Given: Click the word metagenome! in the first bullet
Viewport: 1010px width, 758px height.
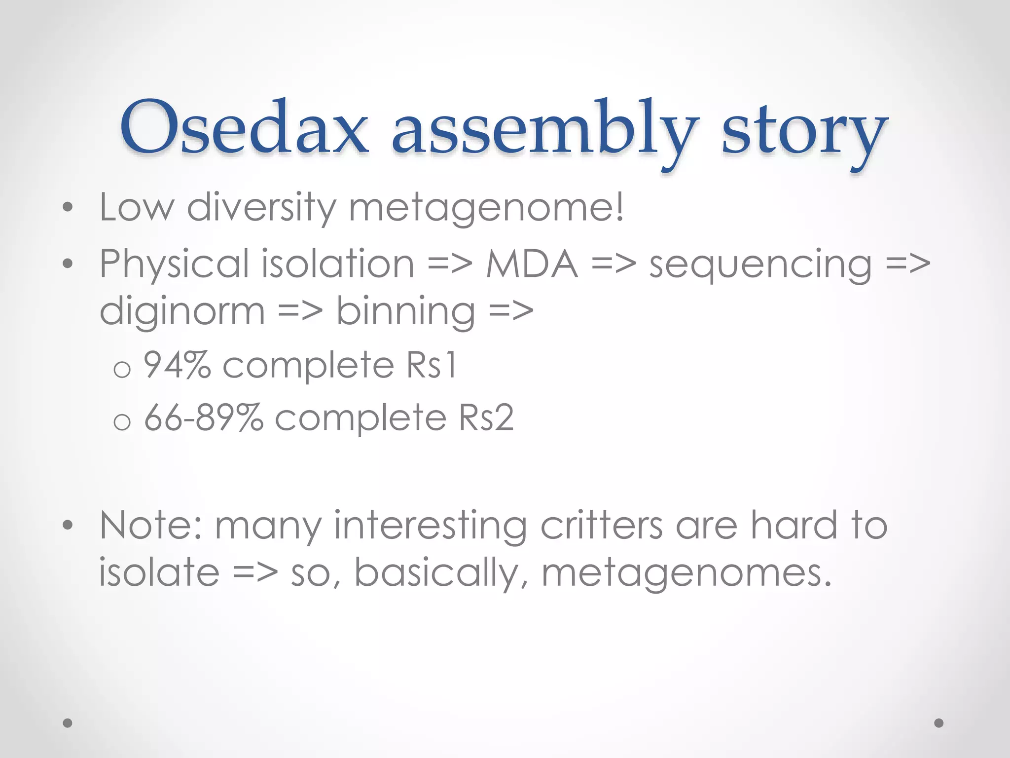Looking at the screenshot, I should click(x=486, y=207).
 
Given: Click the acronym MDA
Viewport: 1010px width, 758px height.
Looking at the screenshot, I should click(x=532, y=264).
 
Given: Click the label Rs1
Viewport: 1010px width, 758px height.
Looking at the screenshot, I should click(x=432, y=365).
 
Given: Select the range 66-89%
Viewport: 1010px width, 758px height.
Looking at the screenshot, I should click(x=204, y=418).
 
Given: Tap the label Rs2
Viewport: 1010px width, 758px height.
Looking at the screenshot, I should click(x=486, y=418).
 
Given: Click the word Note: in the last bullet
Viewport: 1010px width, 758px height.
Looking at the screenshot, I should click(x=150, y=526).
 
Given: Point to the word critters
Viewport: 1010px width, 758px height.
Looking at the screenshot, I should click(x=602, y=526).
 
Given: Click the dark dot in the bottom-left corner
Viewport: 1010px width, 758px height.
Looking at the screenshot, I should click(x=68, y=723).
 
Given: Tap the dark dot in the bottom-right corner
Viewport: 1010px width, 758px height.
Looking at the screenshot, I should click(x=939, y=723).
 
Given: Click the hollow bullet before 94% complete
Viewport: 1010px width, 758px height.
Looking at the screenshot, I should click(x=122, y=369).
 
